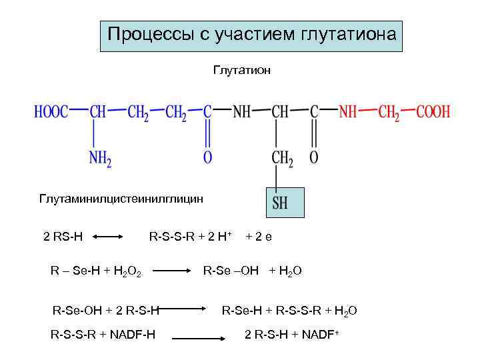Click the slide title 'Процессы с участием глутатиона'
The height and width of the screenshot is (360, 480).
tap(251, 34)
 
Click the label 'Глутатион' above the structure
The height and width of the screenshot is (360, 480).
tap(242, 70)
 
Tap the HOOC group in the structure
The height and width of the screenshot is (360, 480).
tap(51, 112)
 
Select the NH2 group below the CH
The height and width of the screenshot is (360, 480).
tap(100, 158)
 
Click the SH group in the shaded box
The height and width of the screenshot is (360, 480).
tap(280, 203)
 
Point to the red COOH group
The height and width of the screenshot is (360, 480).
tap(433, 112)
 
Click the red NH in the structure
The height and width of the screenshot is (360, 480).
tap(348, 112)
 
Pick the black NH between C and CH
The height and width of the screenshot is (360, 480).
tap(241, 112)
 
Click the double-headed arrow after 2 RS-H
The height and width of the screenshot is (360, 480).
tap(109, 236)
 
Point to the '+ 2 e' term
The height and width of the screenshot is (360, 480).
tap(259, 236)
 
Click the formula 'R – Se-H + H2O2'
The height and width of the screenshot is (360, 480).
tap(95, 271)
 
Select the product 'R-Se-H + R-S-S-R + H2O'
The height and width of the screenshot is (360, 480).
tap(289, 310)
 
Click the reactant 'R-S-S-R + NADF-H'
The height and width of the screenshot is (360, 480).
tap(103, 333)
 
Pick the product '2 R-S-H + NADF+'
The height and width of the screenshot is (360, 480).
tap(292, 333)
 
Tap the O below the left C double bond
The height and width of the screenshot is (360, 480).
tap(207, 158)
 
